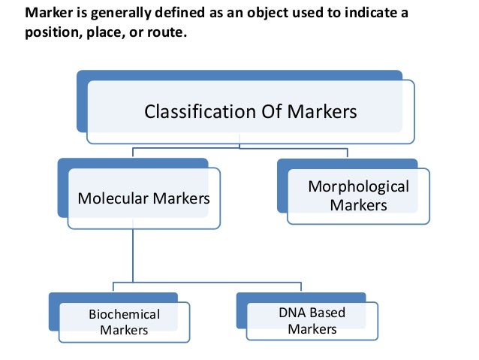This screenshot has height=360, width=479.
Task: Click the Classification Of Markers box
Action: click(x=250, y=113)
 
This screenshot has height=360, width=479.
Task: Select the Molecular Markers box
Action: click(x=144, y=198)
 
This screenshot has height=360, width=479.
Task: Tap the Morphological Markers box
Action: click(x=359, y=195)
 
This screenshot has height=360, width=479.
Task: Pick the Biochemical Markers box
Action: click(x=125, y=322)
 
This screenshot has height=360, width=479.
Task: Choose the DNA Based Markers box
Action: click(x=312, y=321)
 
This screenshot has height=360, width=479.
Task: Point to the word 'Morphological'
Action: click(x=358, y=186)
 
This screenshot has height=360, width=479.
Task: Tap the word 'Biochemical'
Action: click(x=125, y=314)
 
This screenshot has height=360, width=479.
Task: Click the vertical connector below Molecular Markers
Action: click(x=133, y=256)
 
